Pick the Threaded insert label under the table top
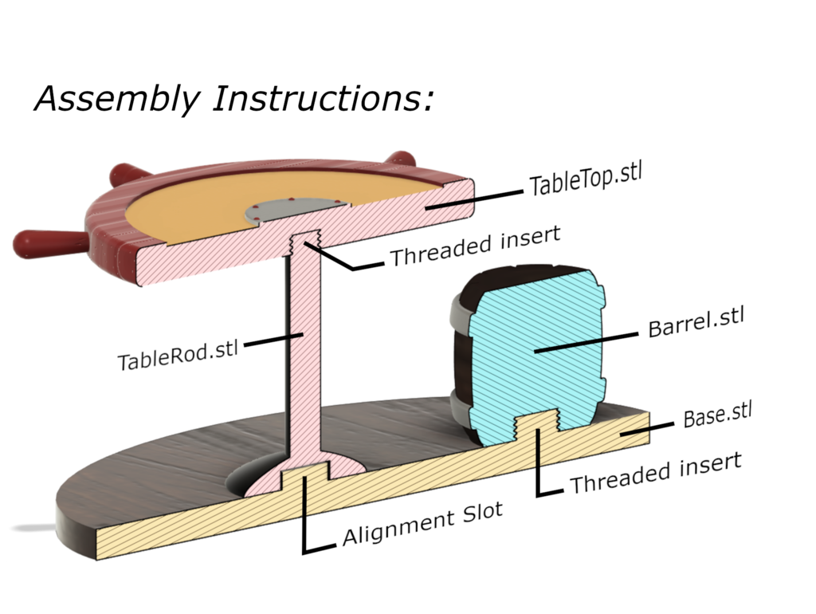point(475,246)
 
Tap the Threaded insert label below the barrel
point(655,472)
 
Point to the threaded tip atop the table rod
point(307,240)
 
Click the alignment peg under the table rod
point(307,475)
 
